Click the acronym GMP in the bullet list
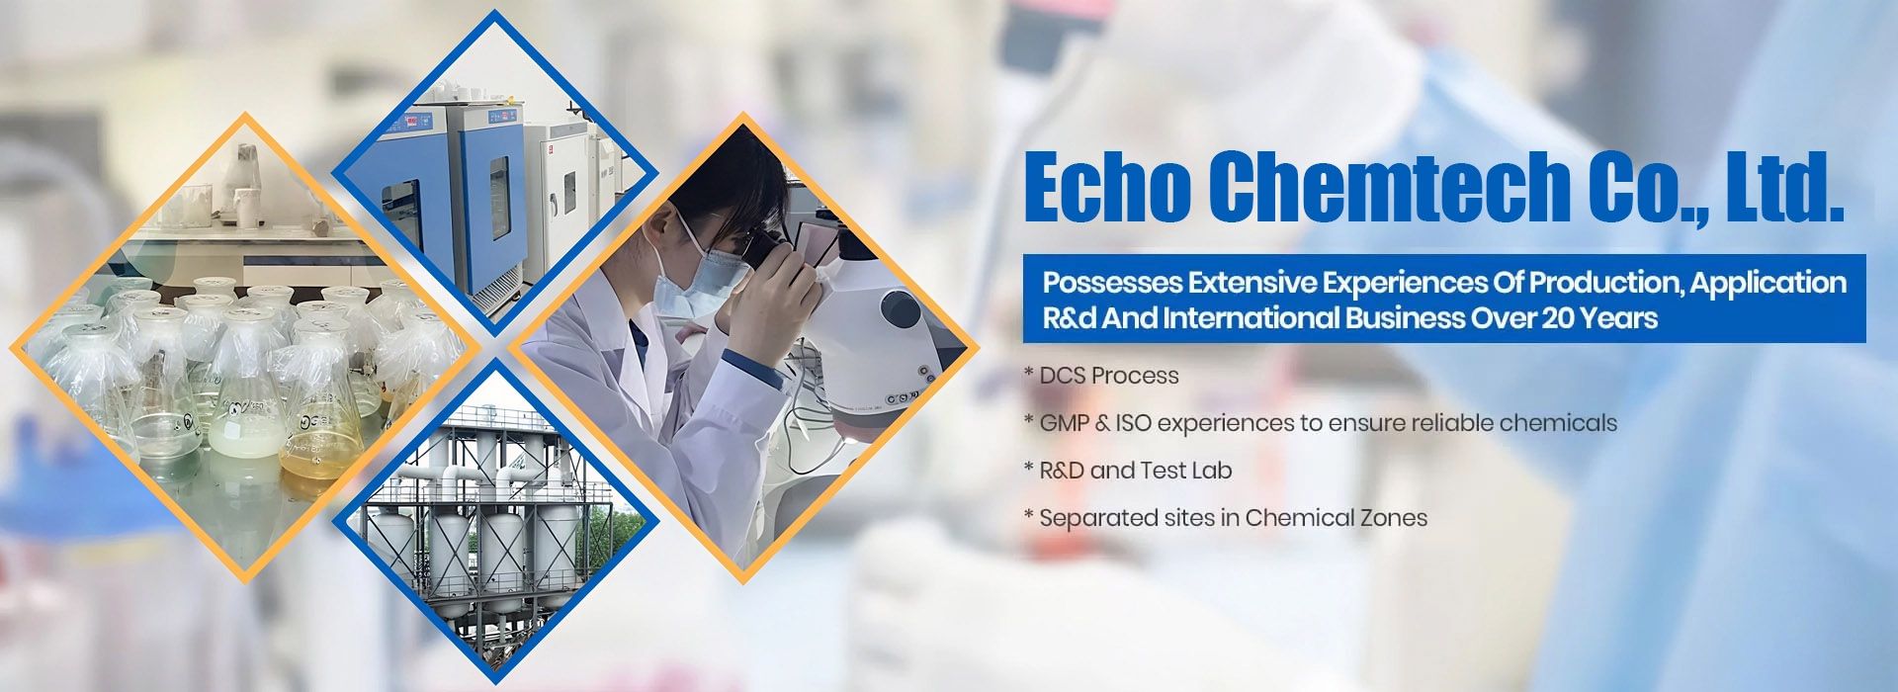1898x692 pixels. coord(1064,423)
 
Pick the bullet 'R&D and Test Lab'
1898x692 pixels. coord(1136,471)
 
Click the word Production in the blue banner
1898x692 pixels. coord(1604,283)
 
